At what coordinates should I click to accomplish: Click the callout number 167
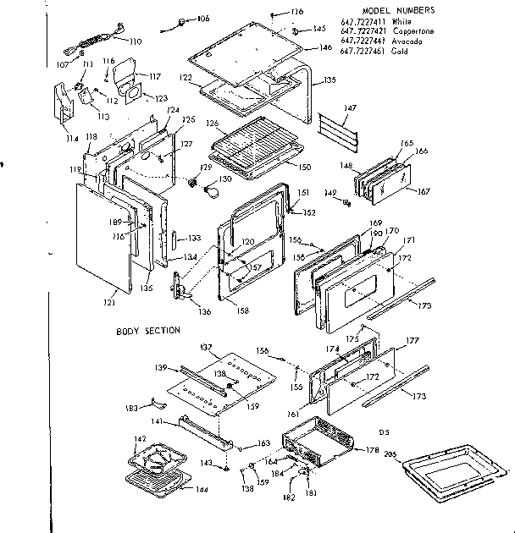click(423, 191)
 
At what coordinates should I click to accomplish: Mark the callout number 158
click(243, 310)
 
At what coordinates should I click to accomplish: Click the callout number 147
click(350, 108)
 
